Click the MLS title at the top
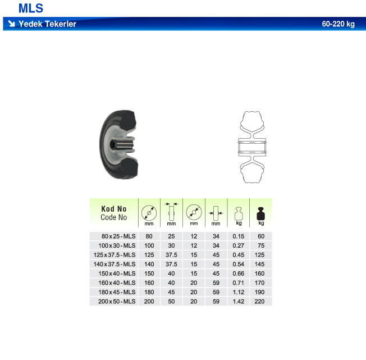31,8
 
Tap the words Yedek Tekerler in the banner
47,24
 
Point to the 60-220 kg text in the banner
338,24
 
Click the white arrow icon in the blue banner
11,24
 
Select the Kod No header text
114,208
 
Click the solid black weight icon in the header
260,213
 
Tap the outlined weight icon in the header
239,213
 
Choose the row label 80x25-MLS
118,236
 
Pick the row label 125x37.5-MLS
115,255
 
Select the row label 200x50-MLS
117,302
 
